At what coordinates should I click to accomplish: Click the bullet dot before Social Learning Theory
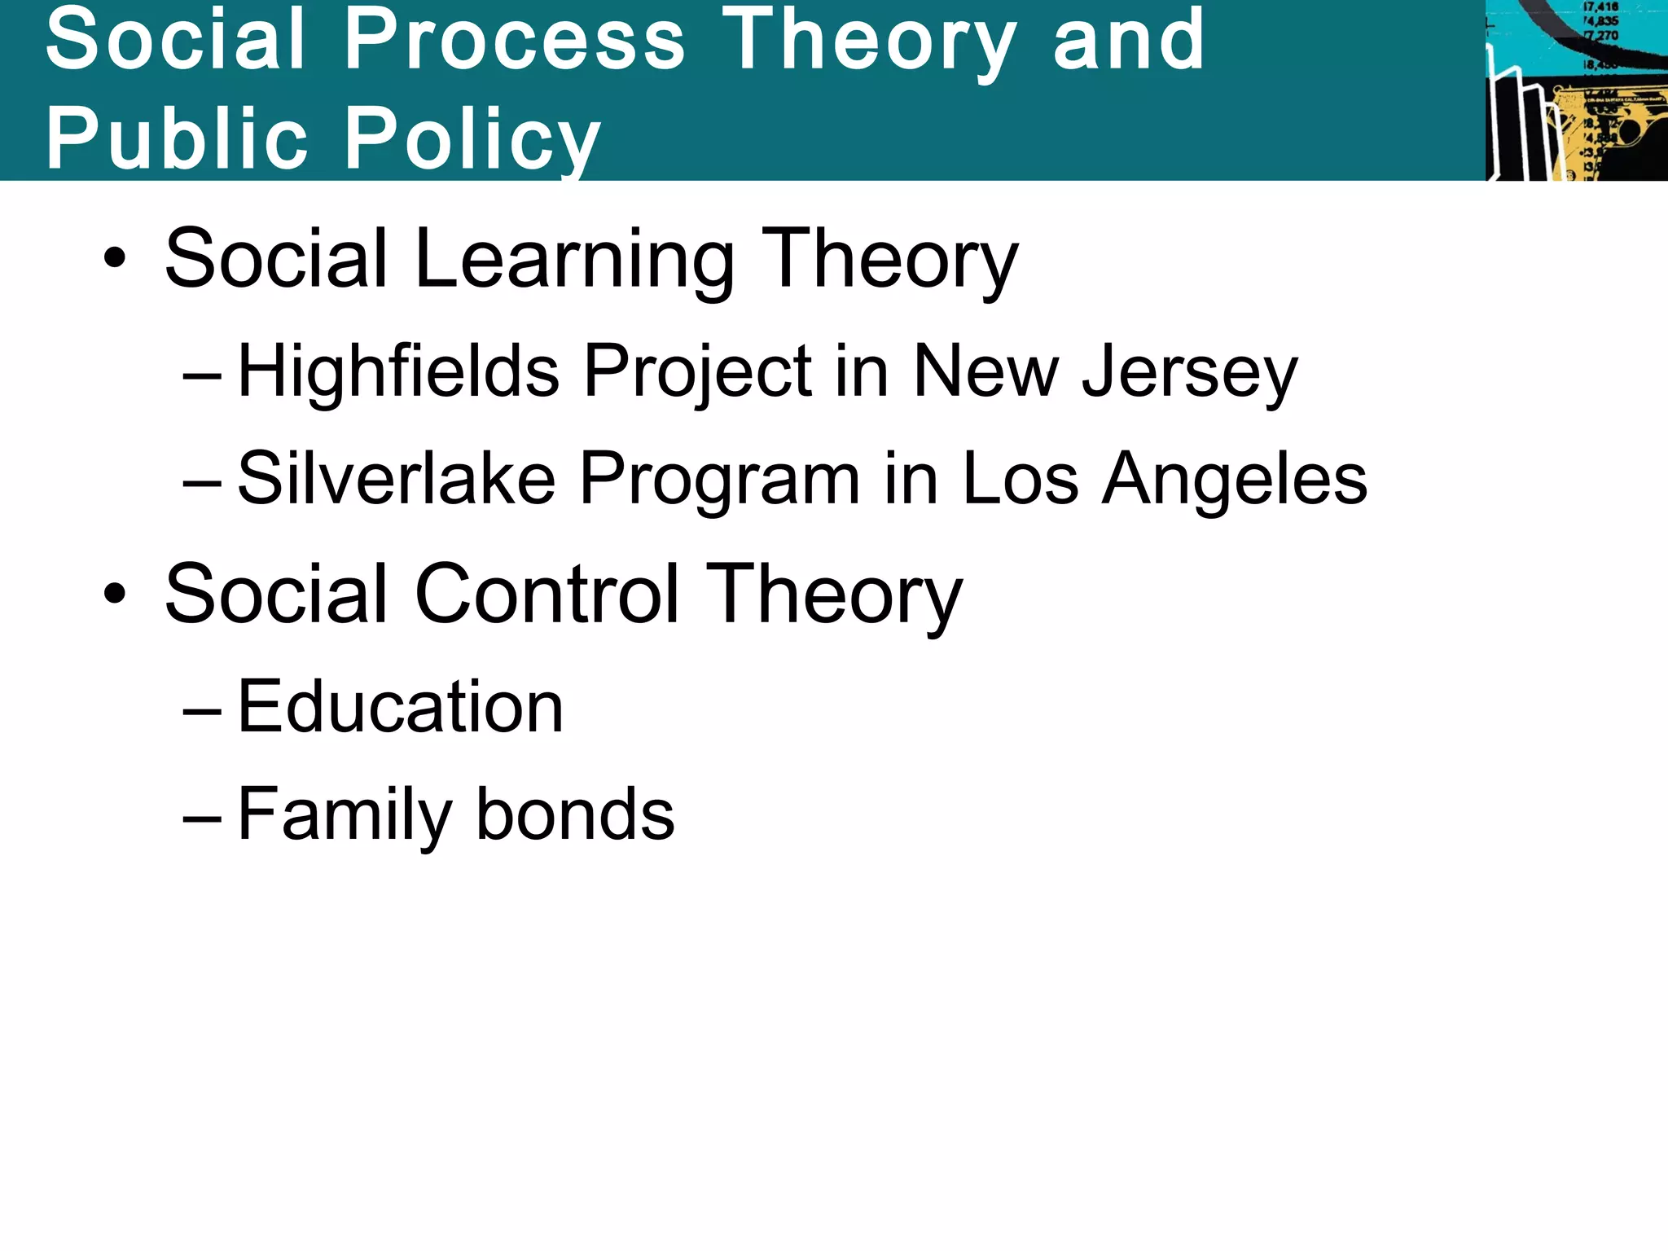coord(115,259)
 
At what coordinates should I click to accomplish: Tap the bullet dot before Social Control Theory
coord(115,594)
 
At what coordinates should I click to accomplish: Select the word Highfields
coord(398,371)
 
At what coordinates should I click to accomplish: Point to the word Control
coord(546,595)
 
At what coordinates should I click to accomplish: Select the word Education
coord(400,707)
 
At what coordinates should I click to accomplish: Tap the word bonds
coord(575,814)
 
